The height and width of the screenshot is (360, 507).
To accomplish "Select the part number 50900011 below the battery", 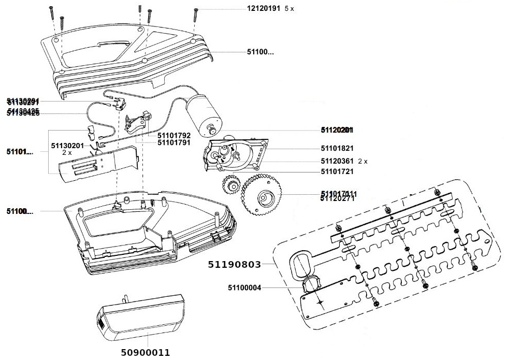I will click(x=145, y=353).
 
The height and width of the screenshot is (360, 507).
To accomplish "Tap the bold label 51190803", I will click(x=234, y=264).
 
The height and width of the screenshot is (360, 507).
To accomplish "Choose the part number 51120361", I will click(x=337, y=161).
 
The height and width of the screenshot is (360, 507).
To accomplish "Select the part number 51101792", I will click(x=174, y=135).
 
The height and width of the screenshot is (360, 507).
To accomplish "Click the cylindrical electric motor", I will click(x=204, y=110).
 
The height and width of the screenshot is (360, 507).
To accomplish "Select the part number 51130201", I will click(x=67, y=146).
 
